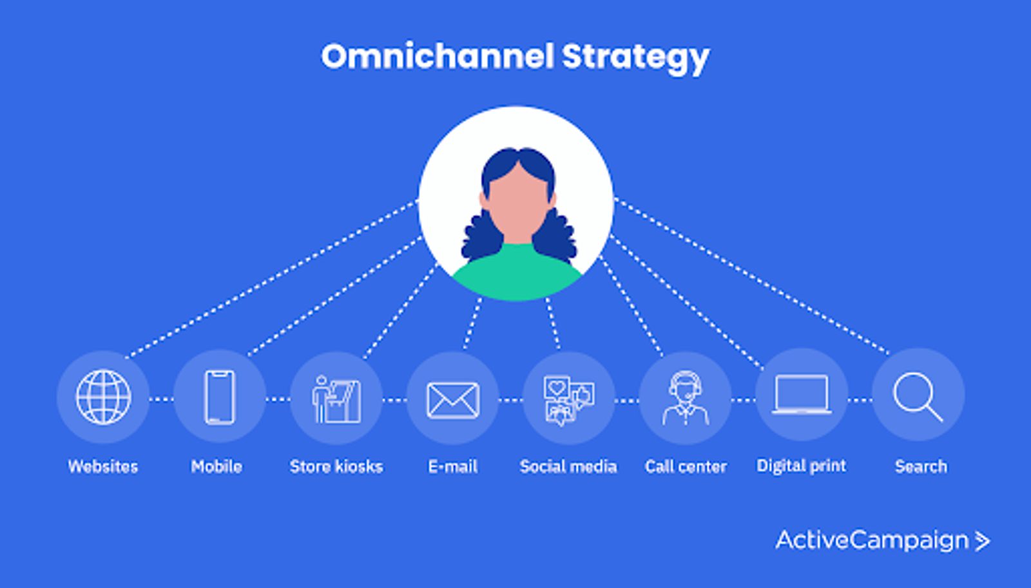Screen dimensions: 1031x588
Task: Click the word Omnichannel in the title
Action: (438, 57)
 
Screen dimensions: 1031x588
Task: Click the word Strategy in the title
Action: (635, 59)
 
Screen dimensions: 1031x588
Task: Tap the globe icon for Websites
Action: (104, 397)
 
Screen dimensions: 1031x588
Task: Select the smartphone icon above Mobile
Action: (220, 397)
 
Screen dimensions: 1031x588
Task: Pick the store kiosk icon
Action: (336, 399)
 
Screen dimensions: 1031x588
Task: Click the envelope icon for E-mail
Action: (453, 400)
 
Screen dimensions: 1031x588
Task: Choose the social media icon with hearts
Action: (569, 401)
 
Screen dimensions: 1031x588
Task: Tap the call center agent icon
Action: (686, 399)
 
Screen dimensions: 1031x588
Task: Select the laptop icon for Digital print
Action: (802, 395)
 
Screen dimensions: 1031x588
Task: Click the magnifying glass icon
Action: (918, 397)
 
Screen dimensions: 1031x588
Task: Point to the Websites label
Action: (103, 466)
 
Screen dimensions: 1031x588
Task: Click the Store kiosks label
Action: (336, 466)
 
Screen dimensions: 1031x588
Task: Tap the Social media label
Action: (568, 466)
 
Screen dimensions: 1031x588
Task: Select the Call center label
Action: (686, 466)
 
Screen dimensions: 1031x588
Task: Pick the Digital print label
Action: (802, 466)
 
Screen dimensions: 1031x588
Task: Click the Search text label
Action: (921, 466)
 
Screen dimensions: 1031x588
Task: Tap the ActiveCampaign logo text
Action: (872, 540)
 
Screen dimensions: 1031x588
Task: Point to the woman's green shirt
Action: (517, 274)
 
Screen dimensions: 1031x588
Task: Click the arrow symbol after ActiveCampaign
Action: (983, 541)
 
